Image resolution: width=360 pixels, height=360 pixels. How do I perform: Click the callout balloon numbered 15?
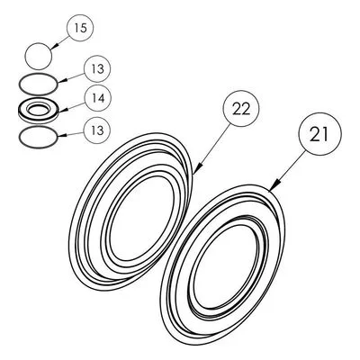(x=80, y=28)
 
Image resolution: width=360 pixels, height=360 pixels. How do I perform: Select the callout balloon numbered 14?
(x=97, y=98)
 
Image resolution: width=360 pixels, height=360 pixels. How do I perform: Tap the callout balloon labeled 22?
(x=241, y=108)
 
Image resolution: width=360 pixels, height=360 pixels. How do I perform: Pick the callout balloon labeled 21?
(x=320, y=134)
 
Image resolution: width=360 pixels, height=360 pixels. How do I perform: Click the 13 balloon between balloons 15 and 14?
(x=97, y=69)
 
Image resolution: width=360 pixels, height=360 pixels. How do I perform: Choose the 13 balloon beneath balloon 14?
(x=97, y=130)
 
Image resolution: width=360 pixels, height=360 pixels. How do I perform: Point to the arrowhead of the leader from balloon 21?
(x=274, y=185)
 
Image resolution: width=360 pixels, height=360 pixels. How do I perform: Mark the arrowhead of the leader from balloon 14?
(x=62, y=111)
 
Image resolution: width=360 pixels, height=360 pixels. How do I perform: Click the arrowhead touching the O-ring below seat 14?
(x=61, y=136)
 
